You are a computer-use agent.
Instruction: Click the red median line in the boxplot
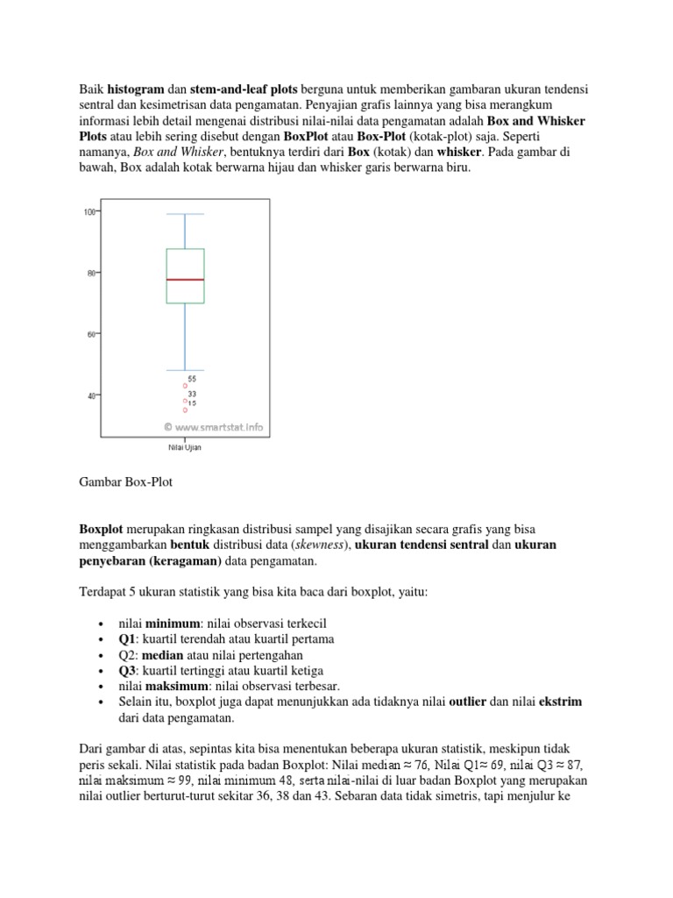(185, 280)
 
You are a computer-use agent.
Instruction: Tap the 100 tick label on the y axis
(89, 211)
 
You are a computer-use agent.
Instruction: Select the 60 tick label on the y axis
(90, 334)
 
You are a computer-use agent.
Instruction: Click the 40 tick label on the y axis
(90, 396)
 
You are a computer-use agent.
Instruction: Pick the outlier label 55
(192, 379)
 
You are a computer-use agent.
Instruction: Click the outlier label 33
(192, 394)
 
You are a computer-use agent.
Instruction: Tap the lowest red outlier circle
(185, 410)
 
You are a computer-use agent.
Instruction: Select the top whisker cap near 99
(185, 214)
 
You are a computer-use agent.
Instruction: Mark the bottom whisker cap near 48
(185, 370)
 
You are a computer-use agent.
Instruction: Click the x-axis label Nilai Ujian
(185, 446)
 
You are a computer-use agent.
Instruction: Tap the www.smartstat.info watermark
(214, 428)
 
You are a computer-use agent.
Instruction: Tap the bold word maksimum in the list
(177, 686)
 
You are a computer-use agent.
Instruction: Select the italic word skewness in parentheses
(322, 545)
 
